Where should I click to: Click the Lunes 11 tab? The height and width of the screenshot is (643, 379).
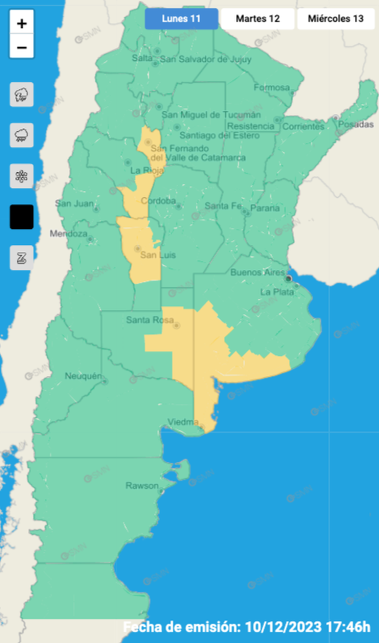[x=181, y=19]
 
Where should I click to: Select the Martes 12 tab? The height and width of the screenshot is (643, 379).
[x=257, y=19]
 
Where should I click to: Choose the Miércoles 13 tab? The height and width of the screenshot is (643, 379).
[x=336, y=19]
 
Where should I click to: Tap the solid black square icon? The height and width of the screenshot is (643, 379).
[x=22, y=216]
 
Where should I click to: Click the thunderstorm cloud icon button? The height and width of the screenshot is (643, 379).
[x=22, y=95]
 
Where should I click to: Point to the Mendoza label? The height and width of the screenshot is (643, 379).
[x=68, y=234]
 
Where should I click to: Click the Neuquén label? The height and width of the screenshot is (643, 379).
[x=83, y=376]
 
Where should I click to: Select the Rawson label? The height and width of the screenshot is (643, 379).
[x=142, y=485]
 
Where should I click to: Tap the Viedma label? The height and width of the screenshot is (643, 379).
[x=183, y=423]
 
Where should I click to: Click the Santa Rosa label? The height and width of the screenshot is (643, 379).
[x=148, y=320]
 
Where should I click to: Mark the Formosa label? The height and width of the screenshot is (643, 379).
[x=272, y=87]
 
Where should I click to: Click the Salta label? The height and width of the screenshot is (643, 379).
[x=142, y=58]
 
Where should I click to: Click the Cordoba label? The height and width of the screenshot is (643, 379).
[x=155, y=200]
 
